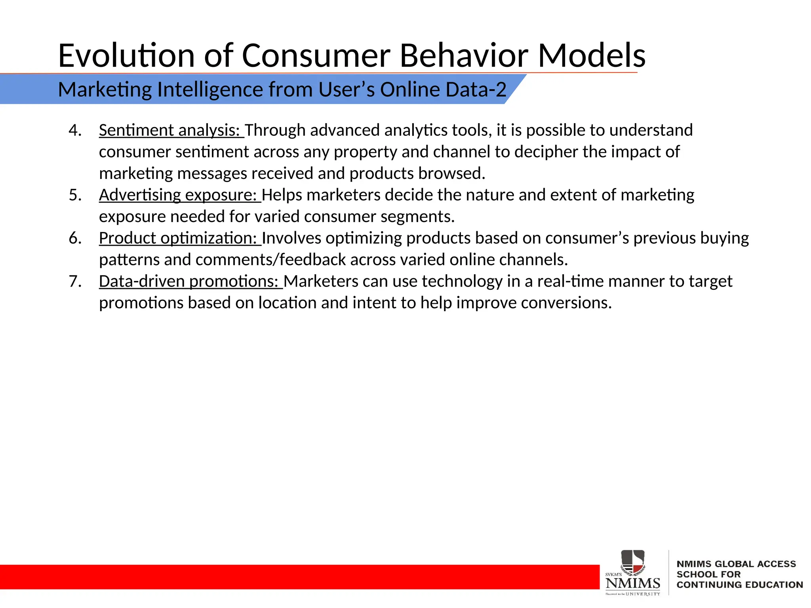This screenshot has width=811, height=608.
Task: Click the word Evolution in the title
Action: (x=126, y=55)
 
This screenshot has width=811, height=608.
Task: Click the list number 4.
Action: (x=74, y=130)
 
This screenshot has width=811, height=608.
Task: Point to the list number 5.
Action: (x=74, y=195)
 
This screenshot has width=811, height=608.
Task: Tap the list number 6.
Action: (x=74, y=238)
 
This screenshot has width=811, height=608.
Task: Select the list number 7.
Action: (x=74, y=281)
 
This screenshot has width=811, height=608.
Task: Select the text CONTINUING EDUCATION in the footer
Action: (x=739, y=585)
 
